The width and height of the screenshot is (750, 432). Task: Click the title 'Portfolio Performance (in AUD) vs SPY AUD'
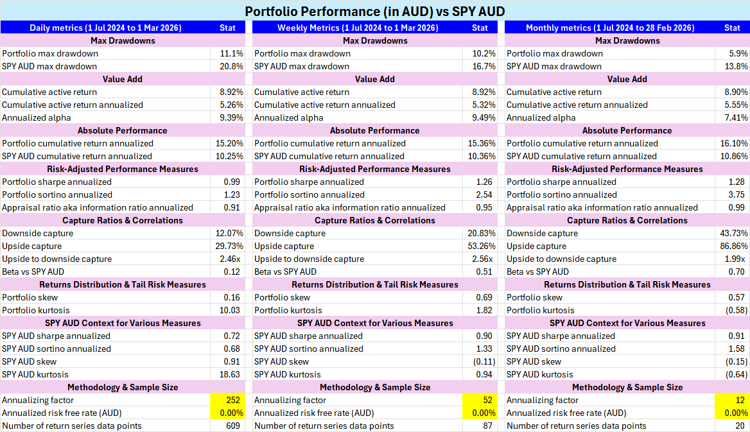[375, 12]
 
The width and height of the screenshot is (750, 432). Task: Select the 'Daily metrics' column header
[105, 28]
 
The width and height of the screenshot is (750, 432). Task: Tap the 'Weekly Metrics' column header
[358, 28]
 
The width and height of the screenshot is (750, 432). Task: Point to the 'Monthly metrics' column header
[610, 28]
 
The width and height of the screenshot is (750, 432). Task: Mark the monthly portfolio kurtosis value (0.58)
[733, 310]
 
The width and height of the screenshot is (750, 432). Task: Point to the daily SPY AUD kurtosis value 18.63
[229, 374]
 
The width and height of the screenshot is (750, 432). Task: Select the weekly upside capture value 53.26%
[481, 246]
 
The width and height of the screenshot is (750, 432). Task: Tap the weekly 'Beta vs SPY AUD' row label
[285, 272]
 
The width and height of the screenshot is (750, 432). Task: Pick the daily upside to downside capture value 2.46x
[230, 259]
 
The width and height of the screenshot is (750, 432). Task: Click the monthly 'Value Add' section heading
[627, 79]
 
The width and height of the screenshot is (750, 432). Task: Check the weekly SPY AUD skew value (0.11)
[481, 361]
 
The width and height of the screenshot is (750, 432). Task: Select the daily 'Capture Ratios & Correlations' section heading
[123, 220]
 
